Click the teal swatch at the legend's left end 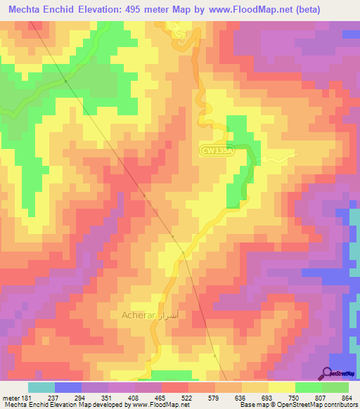pos(41,387)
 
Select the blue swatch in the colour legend pos(67,387)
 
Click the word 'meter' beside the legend pos(8,397)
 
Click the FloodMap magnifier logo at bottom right pos(328,373)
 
